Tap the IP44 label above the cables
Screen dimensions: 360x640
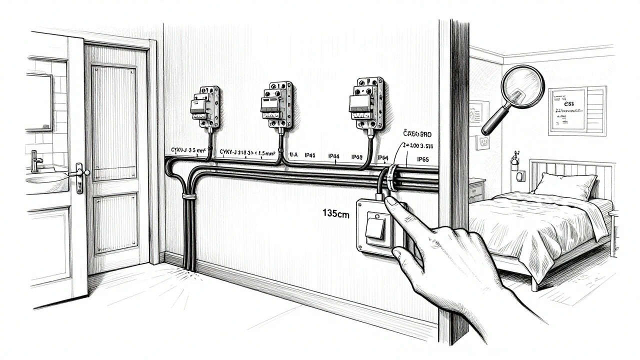coord(334,156)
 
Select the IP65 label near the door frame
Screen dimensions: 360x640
coord(422,160)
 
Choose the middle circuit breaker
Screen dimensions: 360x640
coord(276,104)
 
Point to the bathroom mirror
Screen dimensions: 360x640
coord(38,102)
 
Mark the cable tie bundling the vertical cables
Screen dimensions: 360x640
coord(189,196)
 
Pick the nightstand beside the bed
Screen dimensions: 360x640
coord(476,190)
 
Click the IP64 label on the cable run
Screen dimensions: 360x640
coord(382,158)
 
